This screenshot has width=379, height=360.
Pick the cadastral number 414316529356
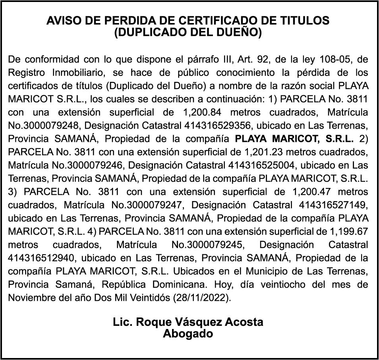(x=218, y=126)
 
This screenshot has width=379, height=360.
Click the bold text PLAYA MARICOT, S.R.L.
(x=294, y=139)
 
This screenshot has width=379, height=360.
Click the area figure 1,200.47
(x=311, y=191)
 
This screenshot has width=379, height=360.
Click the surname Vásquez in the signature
(x=190, y=322)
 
